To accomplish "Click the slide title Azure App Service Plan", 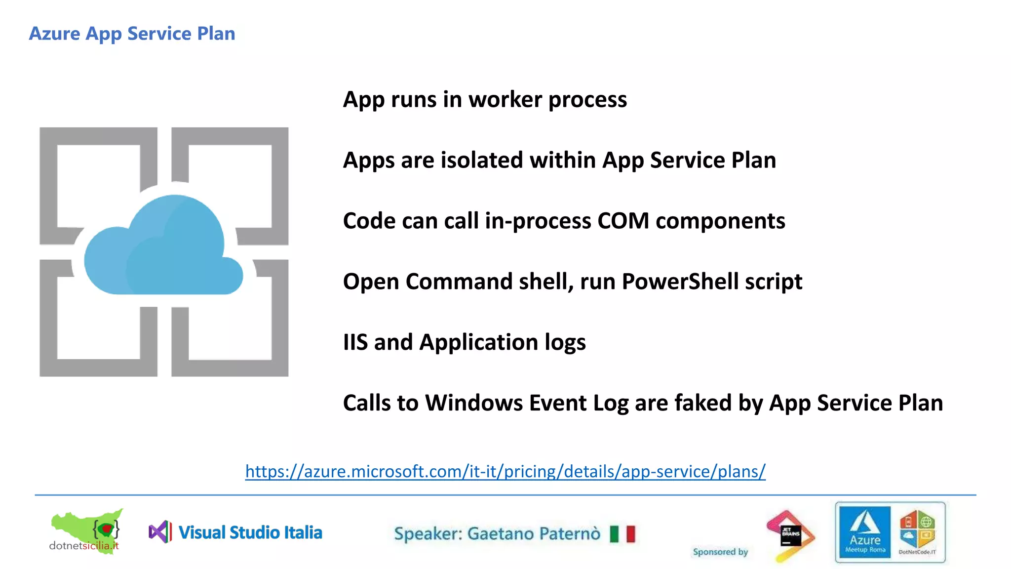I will (x=132, y=34).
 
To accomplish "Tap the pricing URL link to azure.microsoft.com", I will (x=505, y=471).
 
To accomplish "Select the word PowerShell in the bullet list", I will (x=680, y=282).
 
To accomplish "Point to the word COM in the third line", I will (x=623, y=221).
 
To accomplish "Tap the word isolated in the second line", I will (x=481, y=161).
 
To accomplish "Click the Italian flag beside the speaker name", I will (x=622, y=534).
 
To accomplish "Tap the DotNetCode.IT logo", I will (x=917, y=532).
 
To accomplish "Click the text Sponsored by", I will (x=720, y=552).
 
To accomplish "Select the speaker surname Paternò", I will (x=569, y=534).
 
